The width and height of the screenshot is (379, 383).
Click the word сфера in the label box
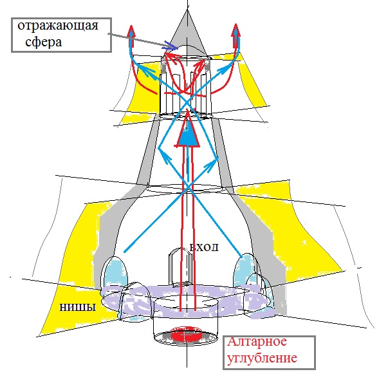click(x=44, y=42)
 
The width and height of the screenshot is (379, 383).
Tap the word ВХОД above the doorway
click(x=204, y=247)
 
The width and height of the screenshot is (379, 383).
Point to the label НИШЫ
click(x=78, y=307)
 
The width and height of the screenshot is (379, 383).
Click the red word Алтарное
click(x=257, y=342)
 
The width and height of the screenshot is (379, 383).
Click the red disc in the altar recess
click(x=186, y=333)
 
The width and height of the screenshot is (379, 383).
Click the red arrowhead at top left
click(x=132, y=31)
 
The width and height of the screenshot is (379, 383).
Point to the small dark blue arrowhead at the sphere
click(x=171, y=46)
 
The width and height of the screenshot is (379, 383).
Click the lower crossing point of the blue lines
click(x=187, y=187)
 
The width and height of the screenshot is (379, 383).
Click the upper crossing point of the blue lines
click(x=187, y=102)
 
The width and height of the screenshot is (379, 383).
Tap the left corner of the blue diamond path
click(x=158, y=148)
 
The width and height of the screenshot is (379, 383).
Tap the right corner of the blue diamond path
click(x=217, y=158)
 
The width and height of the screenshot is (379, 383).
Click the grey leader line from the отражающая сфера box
click(x=142, y=41)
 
